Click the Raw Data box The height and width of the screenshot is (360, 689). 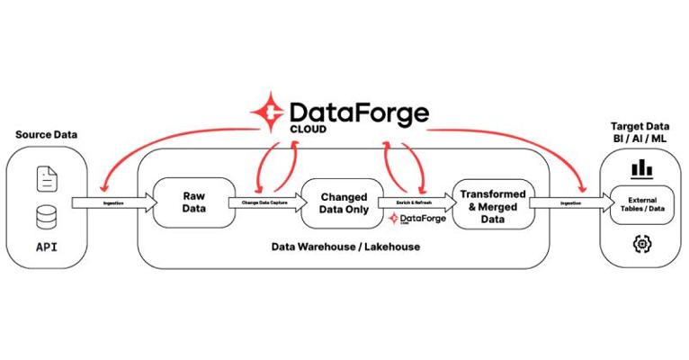point(192,203)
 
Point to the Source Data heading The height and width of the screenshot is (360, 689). point(47,136)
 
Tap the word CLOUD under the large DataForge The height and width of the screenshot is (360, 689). point(309,130)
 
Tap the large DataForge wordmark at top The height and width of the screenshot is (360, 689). point(358,112)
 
